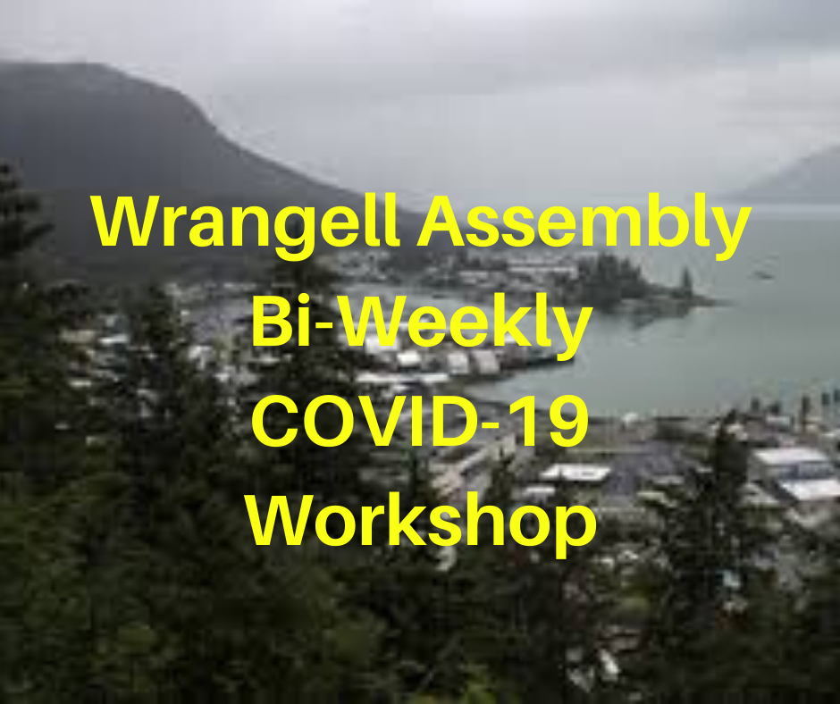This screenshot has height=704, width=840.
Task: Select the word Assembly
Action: [x=584, y=226]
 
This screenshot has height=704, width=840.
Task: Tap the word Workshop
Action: [x=422, y=521]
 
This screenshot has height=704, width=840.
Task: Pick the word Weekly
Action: [x=466, y=325]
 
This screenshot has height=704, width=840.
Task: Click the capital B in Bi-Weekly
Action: [x=273, y=321]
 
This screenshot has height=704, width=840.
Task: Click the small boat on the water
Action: [x=763, y=275]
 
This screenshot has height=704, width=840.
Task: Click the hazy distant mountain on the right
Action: [x=787, y=177]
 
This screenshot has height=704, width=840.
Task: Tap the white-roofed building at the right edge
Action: [x=795, y=473]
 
